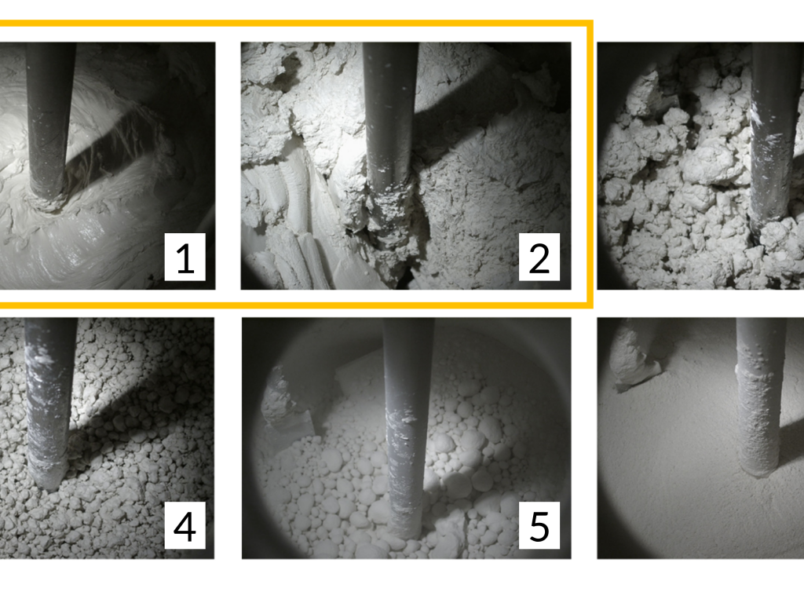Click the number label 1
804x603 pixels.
(185, 257)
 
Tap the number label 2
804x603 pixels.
(539, 257)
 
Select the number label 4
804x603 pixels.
(185, 525)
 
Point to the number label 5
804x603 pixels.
(539, 525)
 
